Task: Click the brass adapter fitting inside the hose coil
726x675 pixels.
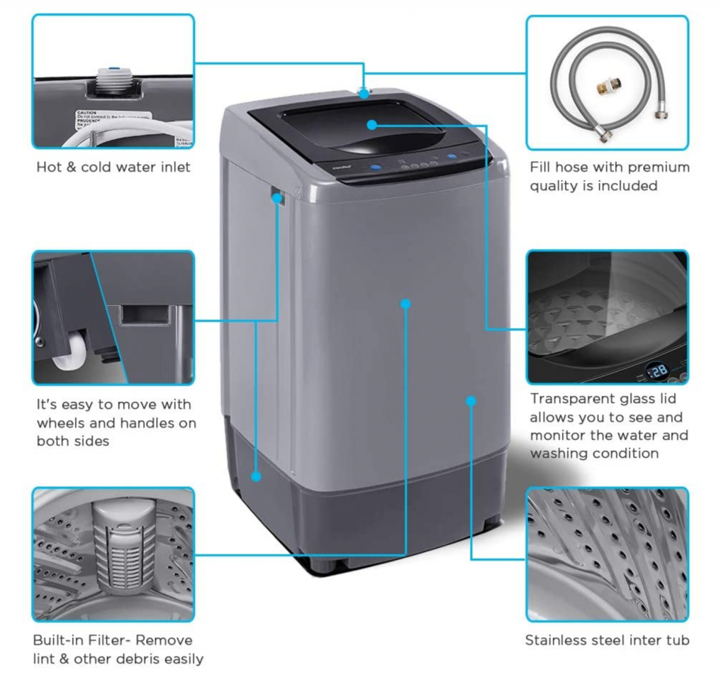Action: point(607,87)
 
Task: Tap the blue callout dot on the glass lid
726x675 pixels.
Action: point(372,125)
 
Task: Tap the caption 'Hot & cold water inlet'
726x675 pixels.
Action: point(113,168)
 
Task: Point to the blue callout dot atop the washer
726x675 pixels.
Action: point(364,92)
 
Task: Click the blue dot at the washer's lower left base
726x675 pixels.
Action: point(257,476)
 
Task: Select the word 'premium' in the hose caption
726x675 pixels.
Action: point(648,168)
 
